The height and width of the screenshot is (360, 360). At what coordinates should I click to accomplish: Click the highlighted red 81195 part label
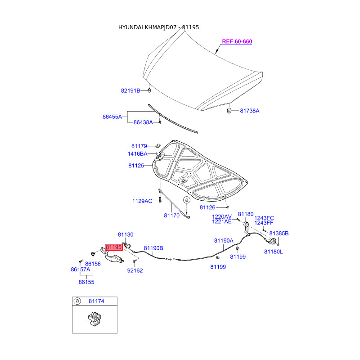114,247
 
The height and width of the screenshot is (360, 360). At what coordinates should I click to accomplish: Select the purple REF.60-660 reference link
237,41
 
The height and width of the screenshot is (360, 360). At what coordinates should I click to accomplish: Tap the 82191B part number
130,90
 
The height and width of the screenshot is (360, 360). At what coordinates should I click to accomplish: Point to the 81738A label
250,110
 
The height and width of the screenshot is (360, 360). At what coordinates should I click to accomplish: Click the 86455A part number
112,117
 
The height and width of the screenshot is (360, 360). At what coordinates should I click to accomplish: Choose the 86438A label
143,122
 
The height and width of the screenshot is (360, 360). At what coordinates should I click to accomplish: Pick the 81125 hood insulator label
136,166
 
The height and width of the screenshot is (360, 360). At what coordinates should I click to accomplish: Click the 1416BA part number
137,154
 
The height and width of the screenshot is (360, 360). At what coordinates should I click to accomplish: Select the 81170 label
171,216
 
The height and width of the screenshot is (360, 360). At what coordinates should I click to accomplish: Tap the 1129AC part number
142,201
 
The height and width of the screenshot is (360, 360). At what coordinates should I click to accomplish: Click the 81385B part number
279,234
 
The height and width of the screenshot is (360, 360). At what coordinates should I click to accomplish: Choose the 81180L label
274,252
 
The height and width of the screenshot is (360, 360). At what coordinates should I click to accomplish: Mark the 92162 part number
135,270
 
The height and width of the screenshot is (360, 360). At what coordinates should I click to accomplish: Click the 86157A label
81,270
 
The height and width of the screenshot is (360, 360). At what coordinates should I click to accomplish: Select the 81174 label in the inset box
96,301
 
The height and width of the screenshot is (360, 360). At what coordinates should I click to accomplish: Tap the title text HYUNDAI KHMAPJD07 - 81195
158,27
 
